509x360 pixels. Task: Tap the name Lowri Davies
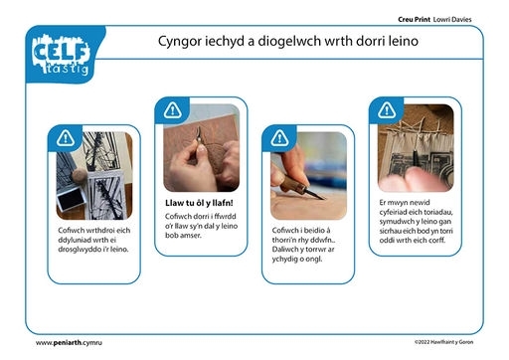click(x=452, y=19)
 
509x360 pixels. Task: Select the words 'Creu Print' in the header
click(x=414, y=19)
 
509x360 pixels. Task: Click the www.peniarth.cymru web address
click(x=69, y=343)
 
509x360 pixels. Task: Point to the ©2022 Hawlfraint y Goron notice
click(x=443, y=342)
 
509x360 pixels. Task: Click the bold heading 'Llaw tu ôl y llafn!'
click(x=199, y=203)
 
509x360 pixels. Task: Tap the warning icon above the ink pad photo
click(x=65, y=138)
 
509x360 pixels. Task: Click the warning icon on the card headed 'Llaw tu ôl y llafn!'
click(x=172, y=110)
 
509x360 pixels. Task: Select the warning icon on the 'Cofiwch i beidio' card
click(x=279, y=138)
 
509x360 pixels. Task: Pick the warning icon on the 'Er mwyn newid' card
click(x=387, y=110)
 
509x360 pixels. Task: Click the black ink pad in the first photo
click(x=71, y=199)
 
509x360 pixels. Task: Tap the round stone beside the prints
click(x=80, y=175)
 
